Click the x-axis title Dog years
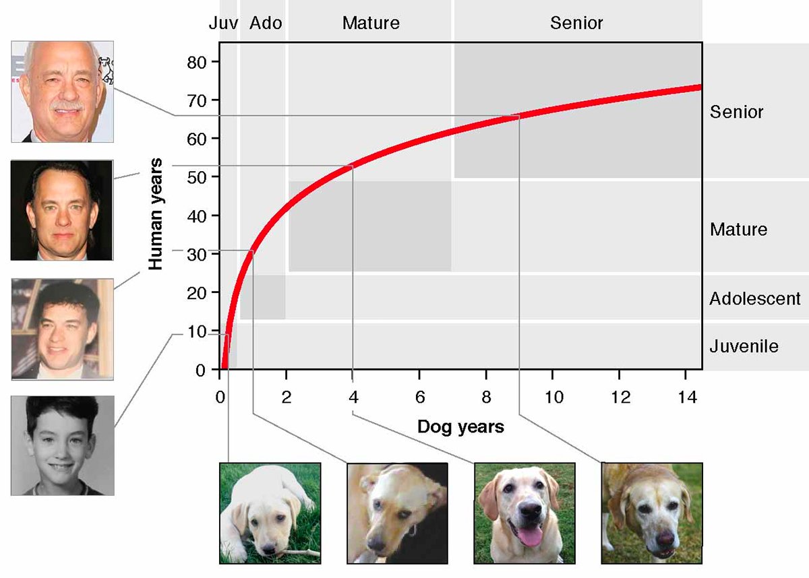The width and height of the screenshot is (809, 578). click(x=460, y=426)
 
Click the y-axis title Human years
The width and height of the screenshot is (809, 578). click(x=156, y=214)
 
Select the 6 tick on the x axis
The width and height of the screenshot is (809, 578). click(x=419, y=397)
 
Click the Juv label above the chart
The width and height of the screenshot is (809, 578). click(x=223, y=23)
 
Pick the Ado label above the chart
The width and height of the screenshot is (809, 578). click(x=266, y=23)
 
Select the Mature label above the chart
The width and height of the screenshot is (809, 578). click(x=371, y=23)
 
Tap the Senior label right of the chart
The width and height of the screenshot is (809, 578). click(x=736, y=112)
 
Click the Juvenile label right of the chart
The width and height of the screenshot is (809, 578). click(x=744, y=346)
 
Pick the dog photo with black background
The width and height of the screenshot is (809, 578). click(x=397, y=513)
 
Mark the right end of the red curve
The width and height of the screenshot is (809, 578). click(x=700, y=87)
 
